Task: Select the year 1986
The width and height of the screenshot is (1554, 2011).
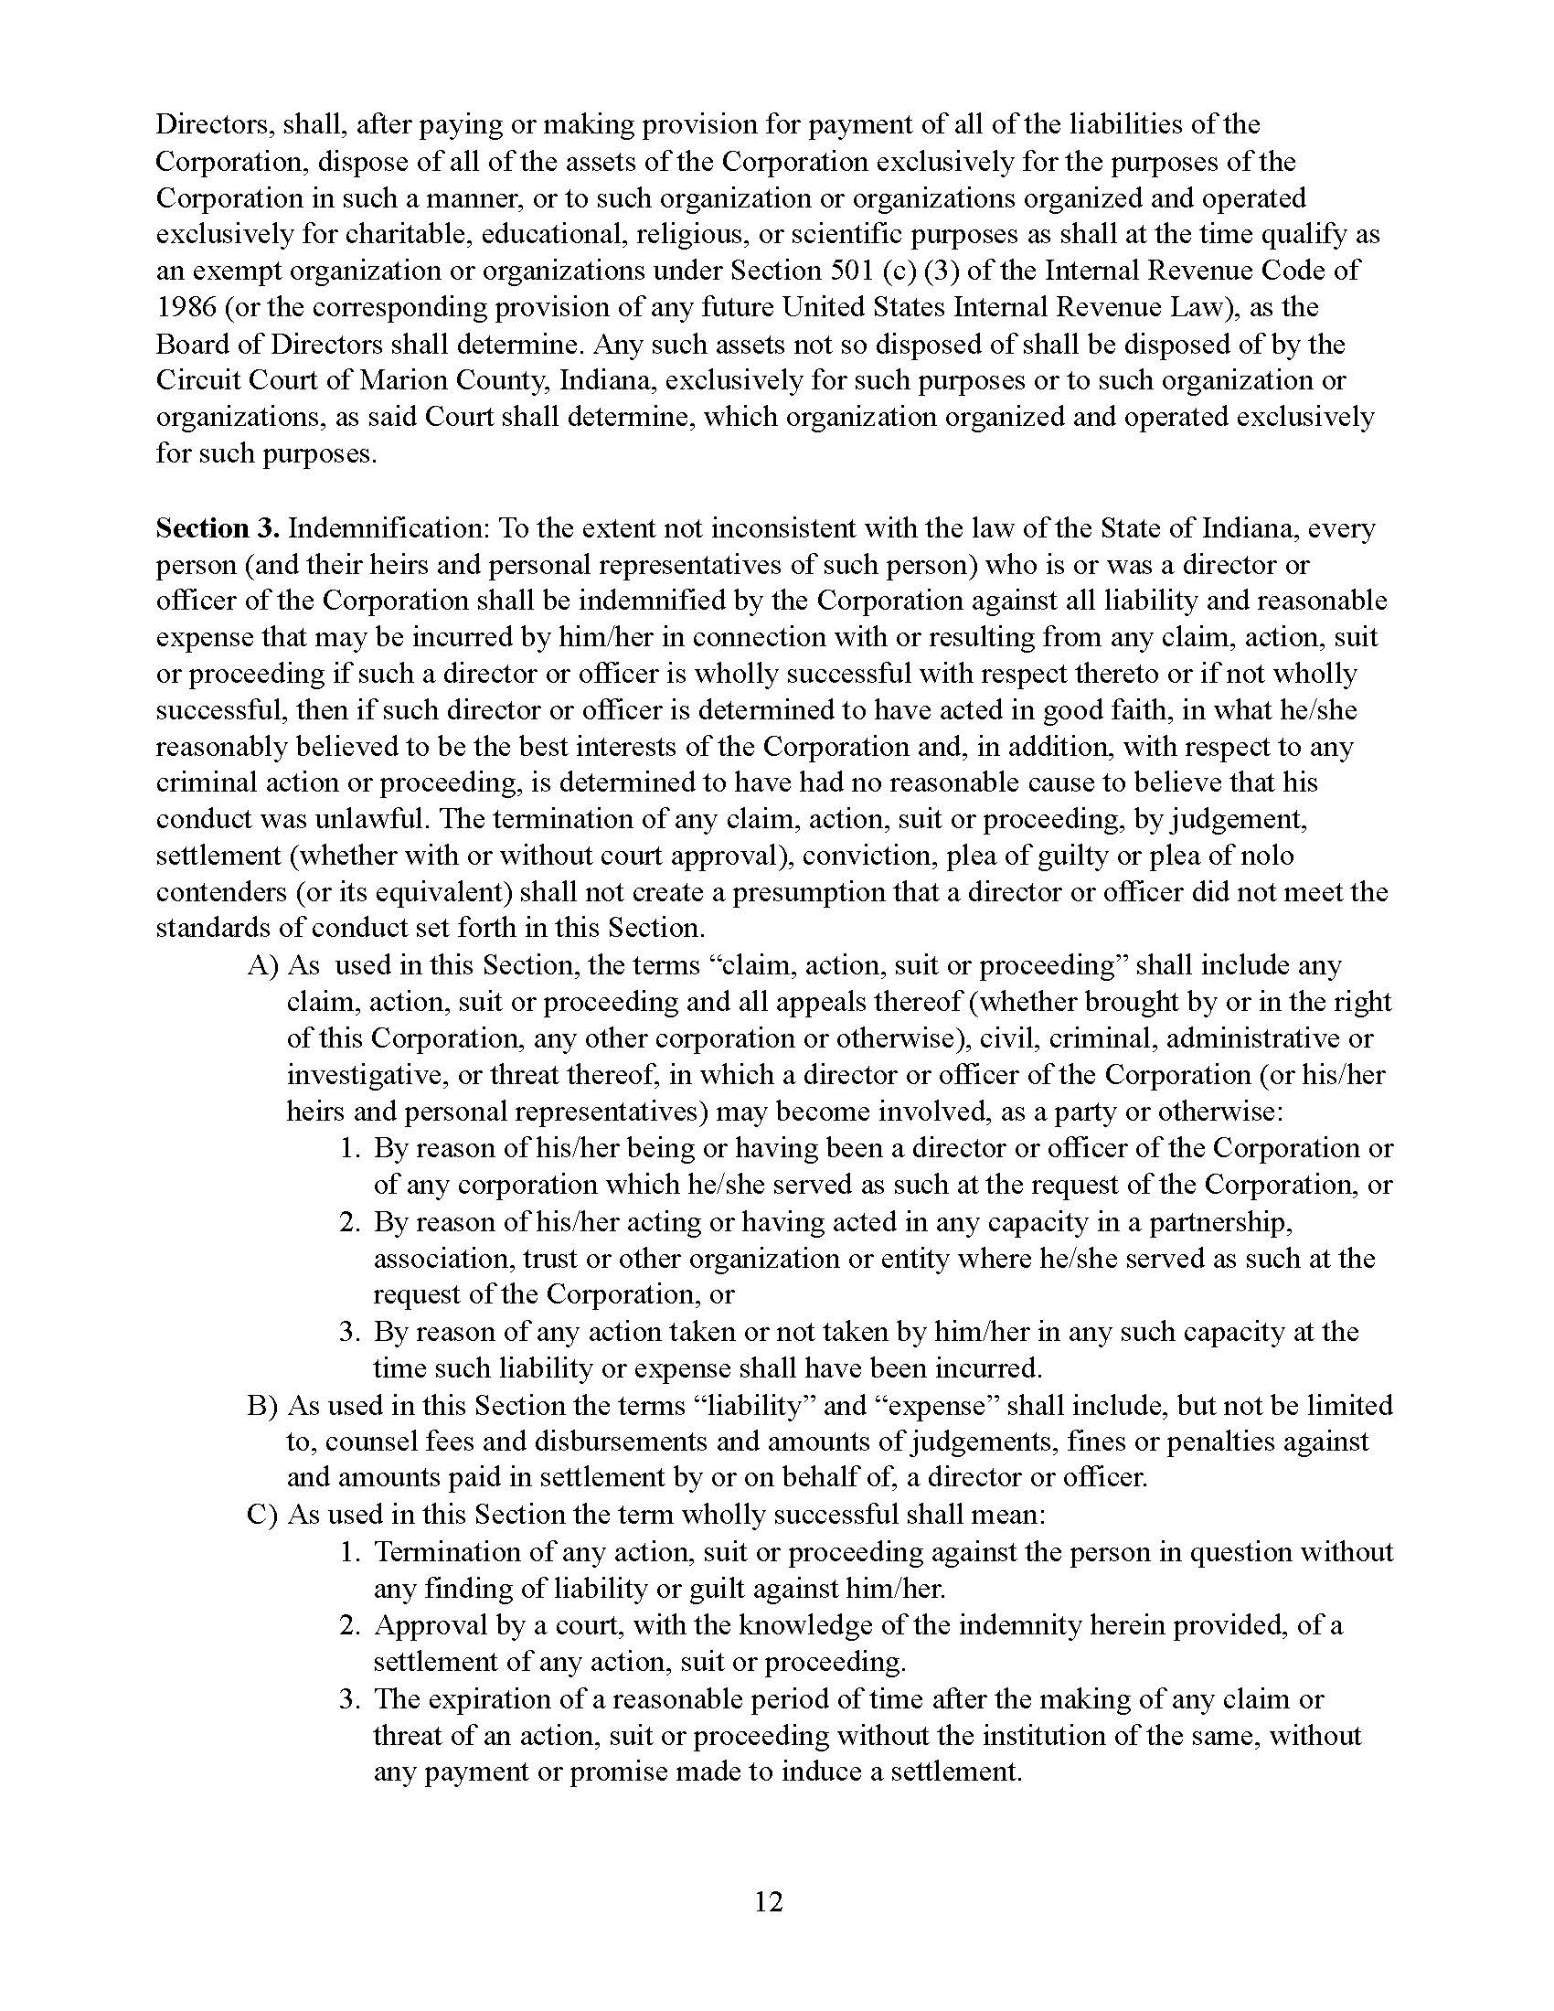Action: [x=185, y=306]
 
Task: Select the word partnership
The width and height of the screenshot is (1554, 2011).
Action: [x=1202, y=1222]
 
